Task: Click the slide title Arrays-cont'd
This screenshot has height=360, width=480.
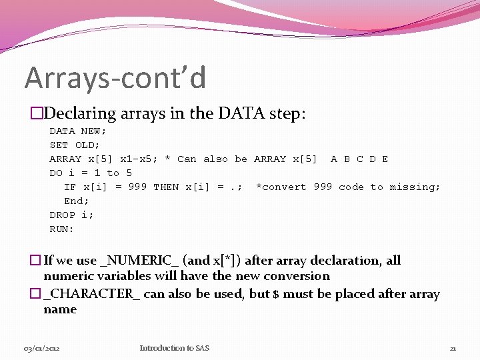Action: click(x=115, y=77)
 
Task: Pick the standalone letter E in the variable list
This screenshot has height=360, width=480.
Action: click(x=385, y=159)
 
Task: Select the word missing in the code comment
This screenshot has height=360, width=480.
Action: click(x=415, y=187)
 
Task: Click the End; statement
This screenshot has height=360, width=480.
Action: click(x=77, y=201)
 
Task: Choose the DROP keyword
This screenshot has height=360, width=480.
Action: click(x=63, y=215)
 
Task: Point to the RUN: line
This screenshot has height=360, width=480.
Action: click(x=62, y=229)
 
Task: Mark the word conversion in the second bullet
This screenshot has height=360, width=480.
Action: click(x=297, y=276)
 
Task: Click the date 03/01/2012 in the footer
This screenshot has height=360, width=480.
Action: click(x=41, y=348)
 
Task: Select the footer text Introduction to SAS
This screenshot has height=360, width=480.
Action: click(x=174, y=348)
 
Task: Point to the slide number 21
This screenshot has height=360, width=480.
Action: click(x=453, y=348)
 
